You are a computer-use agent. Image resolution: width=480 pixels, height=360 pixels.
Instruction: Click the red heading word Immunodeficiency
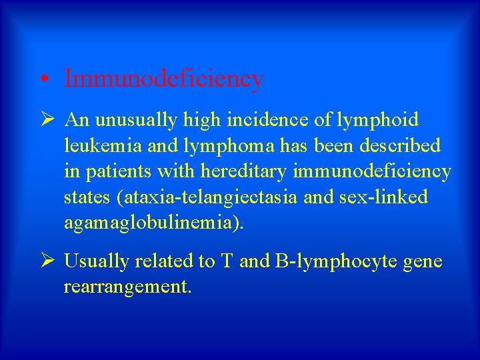tap(164, 79)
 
